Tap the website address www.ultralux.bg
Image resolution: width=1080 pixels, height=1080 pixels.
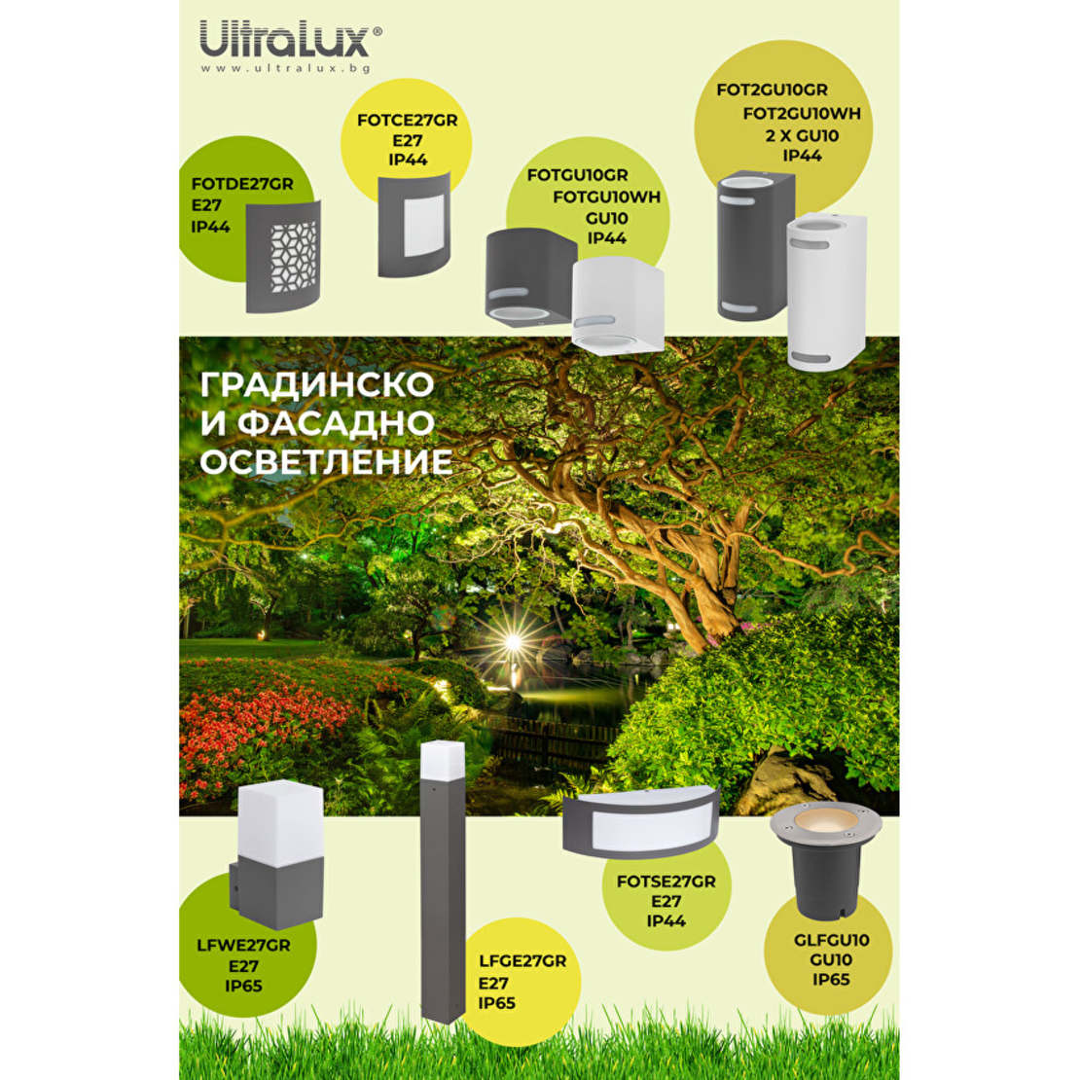(286, 68)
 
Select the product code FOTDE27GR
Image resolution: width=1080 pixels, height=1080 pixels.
(242, 184)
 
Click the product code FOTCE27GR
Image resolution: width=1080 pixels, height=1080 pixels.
(407, 121)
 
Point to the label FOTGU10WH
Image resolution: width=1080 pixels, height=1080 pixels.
(606, 197)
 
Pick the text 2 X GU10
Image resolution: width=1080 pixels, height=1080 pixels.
(802, 135)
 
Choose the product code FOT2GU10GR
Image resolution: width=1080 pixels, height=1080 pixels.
(772, 90)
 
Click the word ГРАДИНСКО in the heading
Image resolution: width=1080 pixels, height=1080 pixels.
(317, 384)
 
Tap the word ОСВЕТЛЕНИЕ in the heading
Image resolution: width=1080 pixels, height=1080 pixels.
(326, 461)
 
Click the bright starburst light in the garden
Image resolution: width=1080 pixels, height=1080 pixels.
(513, 642)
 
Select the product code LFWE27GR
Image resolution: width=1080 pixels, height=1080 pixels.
(243, 945)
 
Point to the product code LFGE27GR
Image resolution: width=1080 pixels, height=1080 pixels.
(522, 961)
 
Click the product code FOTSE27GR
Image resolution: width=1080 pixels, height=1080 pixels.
(666, 882)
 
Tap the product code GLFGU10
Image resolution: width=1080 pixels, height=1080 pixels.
(831, 940)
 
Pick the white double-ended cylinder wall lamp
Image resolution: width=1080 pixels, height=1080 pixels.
(826, 293)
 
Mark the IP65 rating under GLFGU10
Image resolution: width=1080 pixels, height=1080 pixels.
(831, 980)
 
